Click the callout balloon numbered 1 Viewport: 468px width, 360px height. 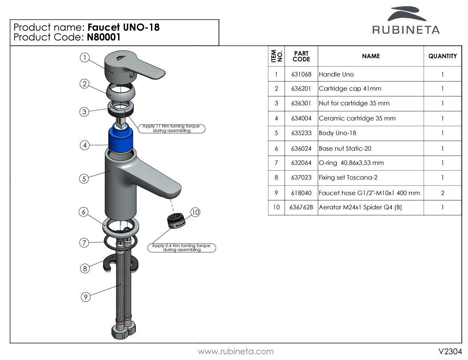(85, 57)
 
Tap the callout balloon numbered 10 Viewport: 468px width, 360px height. (196, 212)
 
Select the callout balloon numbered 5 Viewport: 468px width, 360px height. (84, 179)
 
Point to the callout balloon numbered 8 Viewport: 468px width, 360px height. (85, 268)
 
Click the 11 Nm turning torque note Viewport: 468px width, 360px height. (171, 128)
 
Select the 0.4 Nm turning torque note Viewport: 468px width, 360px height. (182, 248)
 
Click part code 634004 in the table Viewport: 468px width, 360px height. (301, 119)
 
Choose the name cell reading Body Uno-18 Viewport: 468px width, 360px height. (337, 133)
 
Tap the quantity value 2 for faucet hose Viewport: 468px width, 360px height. (442, 193)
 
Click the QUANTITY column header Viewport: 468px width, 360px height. (442, 56)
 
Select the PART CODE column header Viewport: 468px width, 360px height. (301, 56)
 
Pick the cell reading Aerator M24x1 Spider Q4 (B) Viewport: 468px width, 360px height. (360, 208)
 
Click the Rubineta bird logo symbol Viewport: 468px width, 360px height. (406, 14)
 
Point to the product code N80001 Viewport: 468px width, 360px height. (104, 38)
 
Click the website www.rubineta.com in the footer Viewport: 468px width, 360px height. (236, 352)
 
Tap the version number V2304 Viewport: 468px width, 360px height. (450, 352)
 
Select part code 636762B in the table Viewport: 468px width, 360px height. (301, 208)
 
